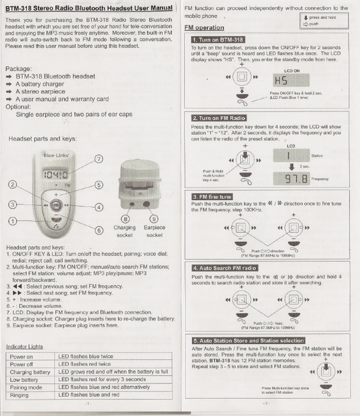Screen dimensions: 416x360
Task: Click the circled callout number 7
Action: tap(99, 159)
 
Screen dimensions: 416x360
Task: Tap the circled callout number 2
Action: tap(13, 185)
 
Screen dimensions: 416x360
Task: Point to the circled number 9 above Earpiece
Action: tap(154, 219)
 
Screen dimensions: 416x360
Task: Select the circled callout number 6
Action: tap(99, 230)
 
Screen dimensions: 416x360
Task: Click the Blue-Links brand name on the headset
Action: tap(56, 155)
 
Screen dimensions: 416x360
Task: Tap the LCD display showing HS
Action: tap(291, 80)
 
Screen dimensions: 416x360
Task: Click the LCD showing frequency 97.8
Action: tap(291, 179)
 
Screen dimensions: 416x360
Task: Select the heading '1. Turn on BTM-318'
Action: tap(217, 40)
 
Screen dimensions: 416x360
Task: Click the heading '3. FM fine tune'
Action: tap(212, 197)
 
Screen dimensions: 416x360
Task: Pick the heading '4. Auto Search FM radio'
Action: tap(225, 268)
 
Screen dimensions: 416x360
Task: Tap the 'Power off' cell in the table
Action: tap(22, 364)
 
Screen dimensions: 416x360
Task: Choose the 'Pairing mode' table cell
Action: tap(26, 387)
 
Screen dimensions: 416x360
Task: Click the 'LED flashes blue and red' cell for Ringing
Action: tap(89, 395)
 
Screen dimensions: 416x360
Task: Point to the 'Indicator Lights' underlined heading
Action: tap(24, 347)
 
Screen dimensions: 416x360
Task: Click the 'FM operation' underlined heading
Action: tap(204, 28)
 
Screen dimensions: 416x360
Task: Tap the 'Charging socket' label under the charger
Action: tap(124, 231)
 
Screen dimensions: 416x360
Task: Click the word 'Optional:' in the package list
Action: tap(18, 107)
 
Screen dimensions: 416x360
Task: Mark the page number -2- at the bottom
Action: tap(265, 403)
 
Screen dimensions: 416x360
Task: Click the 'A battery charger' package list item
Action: tap(40, 84)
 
